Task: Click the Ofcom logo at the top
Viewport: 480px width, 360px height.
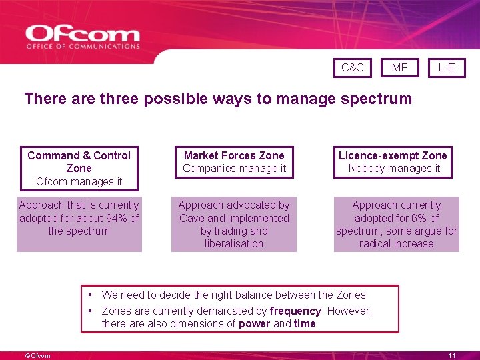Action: point(83,37)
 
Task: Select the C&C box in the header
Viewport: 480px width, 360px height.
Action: point(353,67)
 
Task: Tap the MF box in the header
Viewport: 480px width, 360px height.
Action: point(399,67)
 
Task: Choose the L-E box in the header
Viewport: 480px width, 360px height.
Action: point(446,67)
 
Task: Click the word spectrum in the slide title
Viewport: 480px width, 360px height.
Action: point(377,99)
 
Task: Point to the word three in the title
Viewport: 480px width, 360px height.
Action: point(119,99)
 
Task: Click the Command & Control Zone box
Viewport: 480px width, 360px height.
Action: point(79,168)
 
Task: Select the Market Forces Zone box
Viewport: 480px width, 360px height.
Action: point(234,162)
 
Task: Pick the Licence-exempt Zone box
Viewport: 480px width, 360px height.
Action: point(393,162)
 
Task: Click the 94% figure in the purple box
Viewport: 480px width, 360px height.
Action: point(117,218)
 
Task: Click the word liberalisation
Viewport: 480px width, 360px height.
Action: point(234,244)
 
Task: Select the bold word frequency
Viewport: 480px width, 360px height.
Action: point(295,311)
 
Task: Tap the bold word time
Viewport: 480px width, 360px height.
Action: point(305,324)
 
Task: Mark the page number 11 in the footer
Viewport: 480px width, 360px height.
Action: point(451,356)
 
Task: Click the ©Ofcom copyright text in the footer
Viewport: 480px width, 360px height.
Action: point(37,356)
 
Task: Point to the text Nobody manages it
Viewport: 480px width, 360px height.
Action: point(394,169)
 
